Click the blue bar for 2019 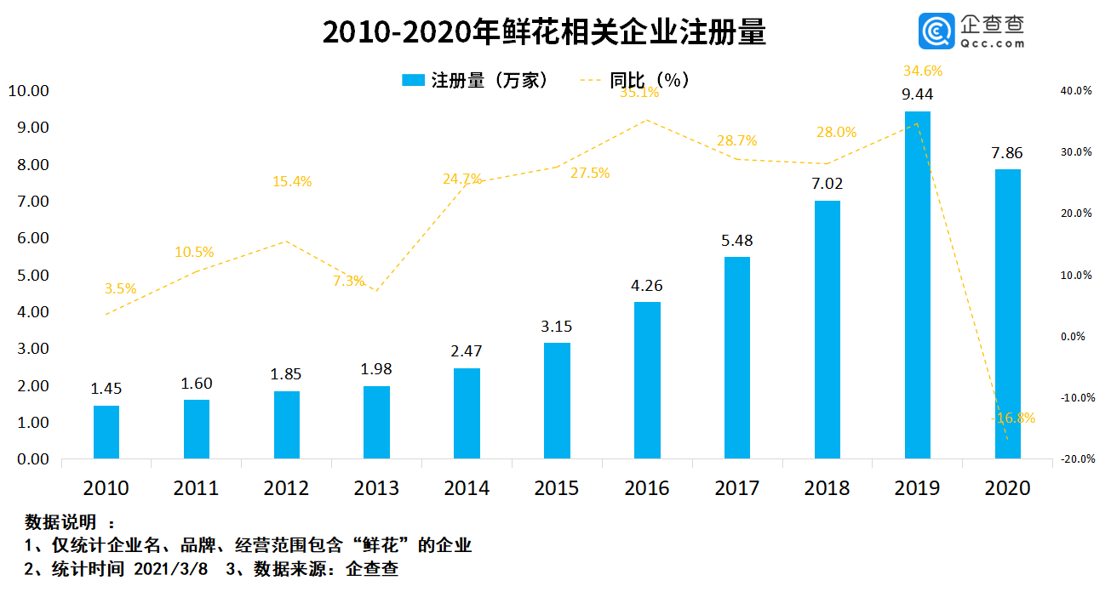pyautogui.click(x=917, y=285)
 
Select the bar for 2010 pyautogui.click(x=106, y=432)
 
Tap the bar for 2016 pyautogui.click(x=647, y=380)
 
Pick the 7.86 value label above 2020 pyautogui.click(x=1007, y=153)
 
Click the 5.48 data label pyautogui.click(x=736, y=241)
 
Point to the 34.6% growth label pyautogui.click(x=923, y=71)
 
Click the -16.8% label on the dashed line pyautogui.click(x=1013, y=418)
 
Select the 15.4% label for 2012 pyautogui.click(x=292, y=181)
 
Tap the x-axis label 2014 pyautogui.click(x=467, y=488)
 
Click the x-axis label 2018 pyautogui.click(x=827, y=488)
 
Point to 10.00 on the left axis pyautogui.click(x=29, y=91)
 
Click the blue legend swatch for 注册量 pyautogui.click(x=413, y=80)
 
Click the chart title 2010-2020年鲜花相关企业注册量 pyautogui.click(x=545, y=31)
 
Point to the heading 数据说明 pyautogui.click(x=60, y=521)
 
